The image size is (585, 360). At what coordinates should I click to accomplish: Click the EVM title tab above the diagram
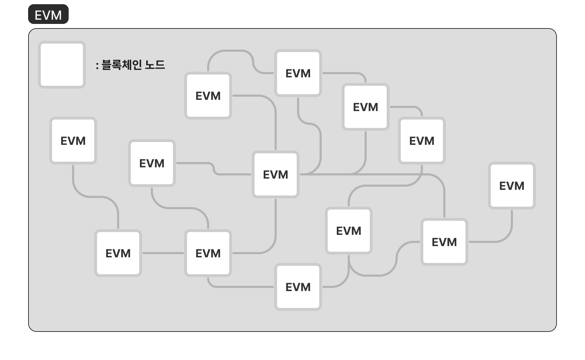[48, 15]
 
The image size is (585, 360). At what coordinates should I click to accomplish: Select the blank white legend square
[62, 65]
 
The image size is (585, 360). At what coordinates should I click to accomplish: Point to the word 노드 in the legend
[155, 65]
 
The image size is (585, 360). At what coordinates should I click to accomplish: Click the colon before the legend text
[97, 65]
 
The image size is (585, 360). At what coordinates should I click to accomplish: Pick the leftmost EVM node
[73, 141]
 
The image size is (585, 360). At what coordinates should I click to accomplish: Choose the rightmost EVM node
[512, 186]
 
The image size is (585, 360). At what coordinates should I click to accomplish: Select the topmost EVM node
[298, 73]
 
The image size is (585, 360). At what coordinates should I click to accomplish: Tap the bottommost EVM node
[298, 287]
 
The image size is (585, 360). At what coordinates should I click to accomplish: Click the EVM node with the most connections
[275, 174]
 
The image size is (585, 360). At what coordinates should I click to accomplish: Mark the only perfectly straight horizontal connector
[163, 253]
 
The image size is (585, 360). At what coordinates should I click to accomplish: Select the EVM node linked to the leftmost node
[118, 253]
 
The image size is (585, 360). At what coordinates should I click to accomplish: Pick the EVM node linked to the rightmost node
[444, 242]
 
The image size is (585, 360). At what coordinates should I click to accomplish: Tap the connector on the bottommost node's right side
[343, 279]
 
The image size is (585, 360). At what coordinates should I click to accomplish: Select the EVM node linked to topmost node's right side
[365, 107]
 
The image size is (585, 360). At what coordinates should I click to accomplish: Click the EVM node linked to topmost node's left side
[208, 96]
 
